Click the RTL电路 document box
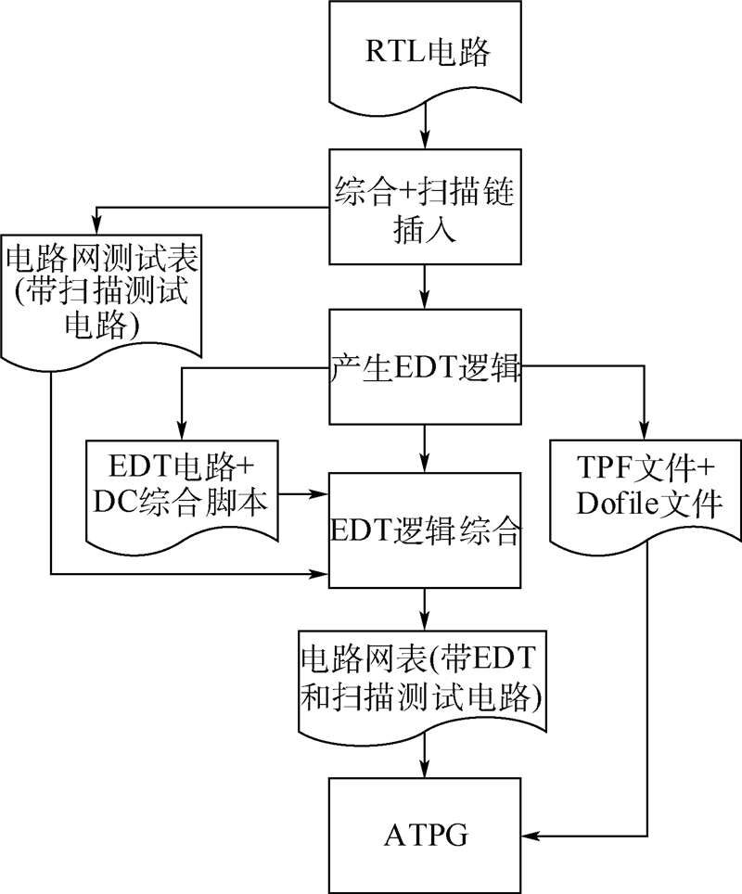click(x=425, y=57)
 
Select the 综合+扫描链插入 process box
click(x=425, y=207)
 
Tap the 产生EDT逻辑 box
click(x=425, y=366)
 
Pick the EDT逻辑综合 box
click(x=425, y=530)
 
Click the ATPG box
click(x=425, y=836)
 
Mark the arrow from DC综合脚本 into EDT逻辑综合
click(x=303, y=493)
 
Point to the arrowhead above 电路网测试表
click(x=97, y=224)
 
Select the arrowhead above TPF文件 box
click(x=646, y=429)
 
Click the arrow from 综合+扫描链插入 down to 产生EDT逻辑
click(x=424, y=287)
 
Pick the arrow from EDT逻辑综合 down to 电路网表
click(x=424, y=609)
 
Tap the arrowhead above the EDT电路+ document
click(x=182, y=429)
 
